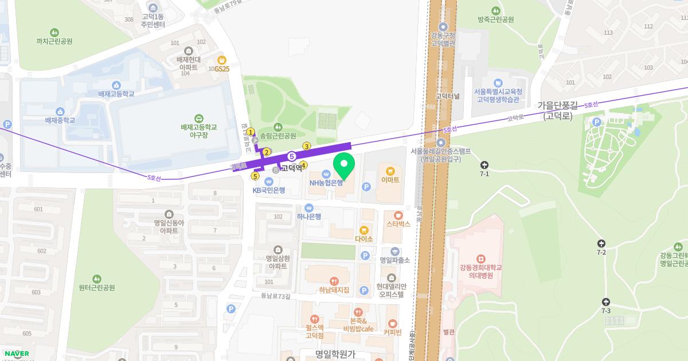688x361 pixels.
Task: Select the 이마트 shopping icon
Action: click(390, 171)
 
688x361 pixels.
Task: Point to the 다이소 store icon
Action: click(364, 230)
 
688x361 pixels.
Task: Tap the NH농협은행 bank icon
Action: click(326, 174)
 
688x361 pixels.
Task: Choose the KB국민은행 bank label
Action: click(269, 190)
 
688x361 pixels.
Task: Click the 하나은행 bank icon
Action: click(309, 208)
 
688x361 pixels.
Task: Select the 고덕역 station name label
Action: click(292, 168)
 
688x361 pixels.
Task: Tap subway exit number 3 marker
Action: click(307, 146)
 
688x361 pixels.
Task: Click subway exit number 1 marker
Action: click(251, 132)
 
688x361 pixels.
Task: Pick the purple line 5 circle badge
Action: click(292, 156)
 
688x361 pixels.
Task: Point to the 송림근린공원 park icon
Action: click(277, 127)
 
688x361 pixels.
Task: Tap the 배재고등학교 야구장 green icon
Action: click(199, 117)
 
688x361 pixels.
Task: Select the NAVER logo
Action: click(15, 353)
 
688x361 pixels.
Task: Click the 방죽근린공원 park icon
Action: click(495, 10)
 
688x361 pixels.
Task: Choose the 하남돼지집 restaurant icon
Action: click(334, 281)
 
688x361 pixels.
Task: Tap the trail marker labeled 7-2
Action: click(601, 244)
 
